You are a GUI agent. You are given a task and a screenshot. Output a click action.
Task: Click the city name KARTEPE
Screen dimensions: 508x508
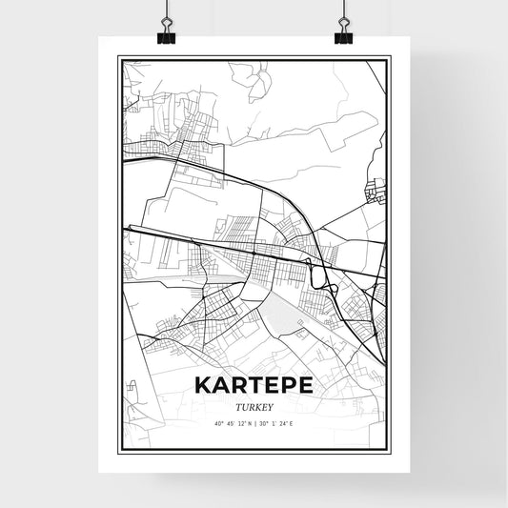click(253, 384)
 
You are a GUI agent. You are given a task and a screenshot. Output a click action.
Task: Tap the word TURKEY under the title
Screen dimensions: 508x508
click(254, 405)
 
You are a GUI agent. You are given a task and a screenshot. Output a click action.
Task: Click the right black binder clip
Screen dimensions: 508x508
click(343, 33)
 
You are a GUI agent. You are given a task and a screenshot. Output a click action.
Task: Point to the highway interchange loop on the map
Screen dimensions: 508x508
click(327, 276)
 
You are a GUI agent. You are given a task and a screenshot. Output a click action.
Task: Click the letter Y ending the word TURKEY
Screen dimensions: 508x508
click(271, 405)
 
